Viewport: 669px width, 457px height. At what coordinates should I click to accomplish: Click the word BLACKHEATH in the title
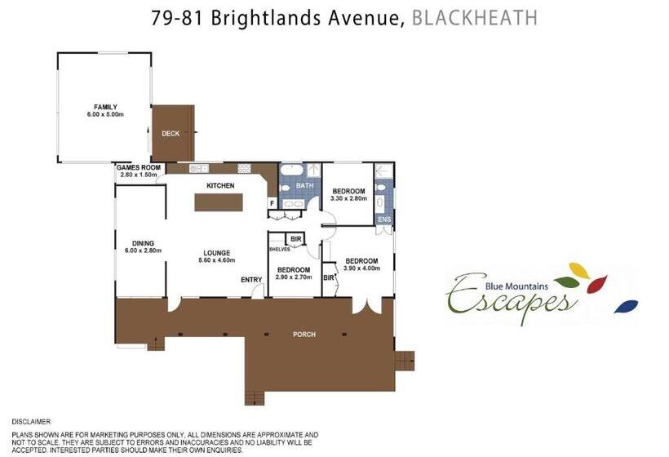[x=475, y=18]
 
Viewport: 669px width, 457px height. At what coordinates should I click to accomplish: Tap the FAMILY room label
[x=105, y=107]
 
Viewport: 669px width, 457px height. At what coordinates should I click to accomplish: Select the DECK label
[x=171, y=134]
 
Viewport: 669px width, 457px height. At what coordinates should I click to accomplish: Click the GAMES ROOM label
[x=139, y=167]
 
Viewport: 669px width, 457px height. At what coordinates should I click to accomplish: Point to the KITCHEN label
[x=220, y=185]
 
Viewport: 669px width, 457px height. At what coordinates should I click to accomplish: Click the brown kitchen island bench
[x=219, y=202]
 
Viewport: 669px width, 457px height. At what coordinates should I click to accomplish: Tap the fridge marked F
[x=272, y=203]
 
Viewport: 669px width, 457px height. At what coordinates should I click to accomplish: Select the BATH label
[x=304, y=185]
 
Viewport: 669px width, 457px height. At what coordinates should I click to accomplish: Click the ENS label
[x=384, y=220]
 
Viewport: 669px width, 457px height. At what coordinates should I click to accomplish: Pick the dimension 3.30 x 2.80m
[x=348, y=198]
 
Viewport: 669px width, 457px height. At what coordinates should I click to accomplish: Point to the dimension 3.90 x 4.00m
[x=361, y=268]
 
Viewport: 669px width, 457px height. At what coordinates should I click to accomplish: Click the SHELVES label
[x=280, y=249]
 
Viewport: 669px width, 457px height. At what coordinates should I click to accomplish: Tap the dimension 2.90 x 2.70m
[x=294, y=277]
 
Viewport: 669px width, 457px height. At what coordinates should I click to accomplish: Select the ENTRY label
[x=251, y=280]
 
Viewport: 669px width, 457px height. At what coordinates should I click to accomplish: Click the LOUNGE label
[x=217, y=253]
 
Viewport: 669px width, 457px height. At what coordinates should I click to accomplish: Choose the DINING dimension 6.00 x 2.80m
[x=143, y=251]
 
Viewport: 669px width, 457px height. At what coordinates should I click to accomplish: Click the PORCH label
[x=304, y=335]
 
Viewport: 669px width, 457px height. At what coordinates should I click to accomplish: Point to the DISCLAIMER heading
[x=31, y=422]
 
